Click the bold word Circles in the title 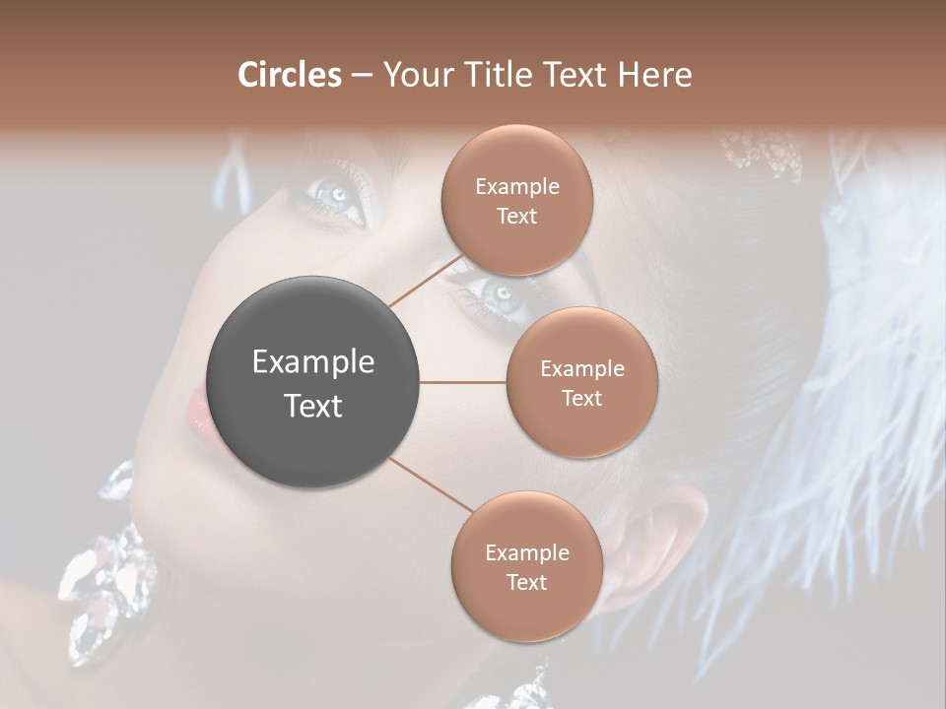pyautogui.click(x=290, y=75)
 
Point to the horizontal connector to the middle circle pyautogui.click(x=463, y=382)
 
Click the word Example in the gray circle pyautogui.click(x=312, y=362)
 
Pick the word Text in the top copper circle pyautogui.click(x=516, y=217)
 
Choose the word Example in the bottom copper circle pyautogui.click(x=526, y=553)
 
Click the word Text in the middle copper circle pyautogui.click(x=581, y=399)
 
